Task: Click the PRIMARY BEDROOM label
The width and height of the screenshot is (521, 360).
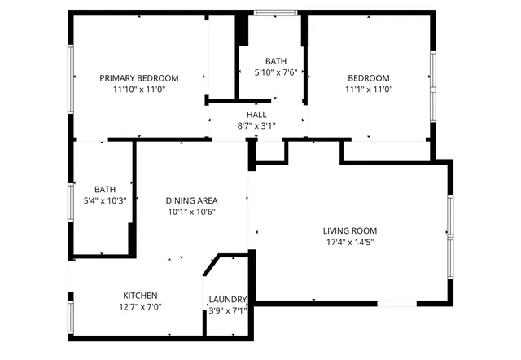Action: (x=138, y=78)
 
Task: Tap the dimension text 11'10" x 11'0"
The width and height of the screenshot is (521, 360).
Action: (x=138, y=90)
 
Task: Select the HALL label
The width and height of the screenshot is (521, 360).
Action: (x=257, y=115)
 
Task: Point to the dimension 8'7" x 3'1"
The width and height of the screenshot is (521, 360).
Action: (x=257, y=126)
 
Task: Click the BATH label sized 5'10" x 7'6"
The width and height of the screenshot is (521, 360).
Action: (x=276, y=61)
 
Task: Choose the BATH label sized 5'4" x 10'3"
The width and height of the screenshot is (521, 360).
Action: (x=105, y=189)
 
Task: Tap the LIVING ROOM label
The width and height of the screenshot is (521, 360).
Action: (x=350, y=230)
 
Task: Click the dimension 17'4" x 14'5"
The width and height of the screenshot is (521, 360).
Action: (x=350, y=242)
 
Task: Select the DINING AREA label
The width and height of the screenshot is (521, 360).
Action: (x=190, y=200)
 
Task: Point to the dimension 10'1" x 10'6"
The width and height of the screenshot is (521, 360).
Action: (x=190, y=212)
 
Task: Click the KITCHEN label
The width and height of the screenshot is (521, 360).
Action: (x=140, y=295)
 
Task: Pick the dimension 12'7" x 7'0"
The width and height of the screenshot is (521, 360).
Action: (x=140, y=306)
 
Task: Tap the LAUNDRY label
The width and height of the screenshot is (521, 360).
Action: (x=227, y=299)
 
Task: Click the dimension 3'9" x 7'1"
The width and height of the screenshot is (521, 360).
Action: (x=227, y=310)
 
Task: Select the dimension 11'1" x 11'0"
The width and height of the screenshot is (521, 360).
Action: (x=369, y=90)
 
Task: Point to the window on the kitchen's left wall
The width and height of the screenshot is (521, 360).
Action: (x=71, y=314)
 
